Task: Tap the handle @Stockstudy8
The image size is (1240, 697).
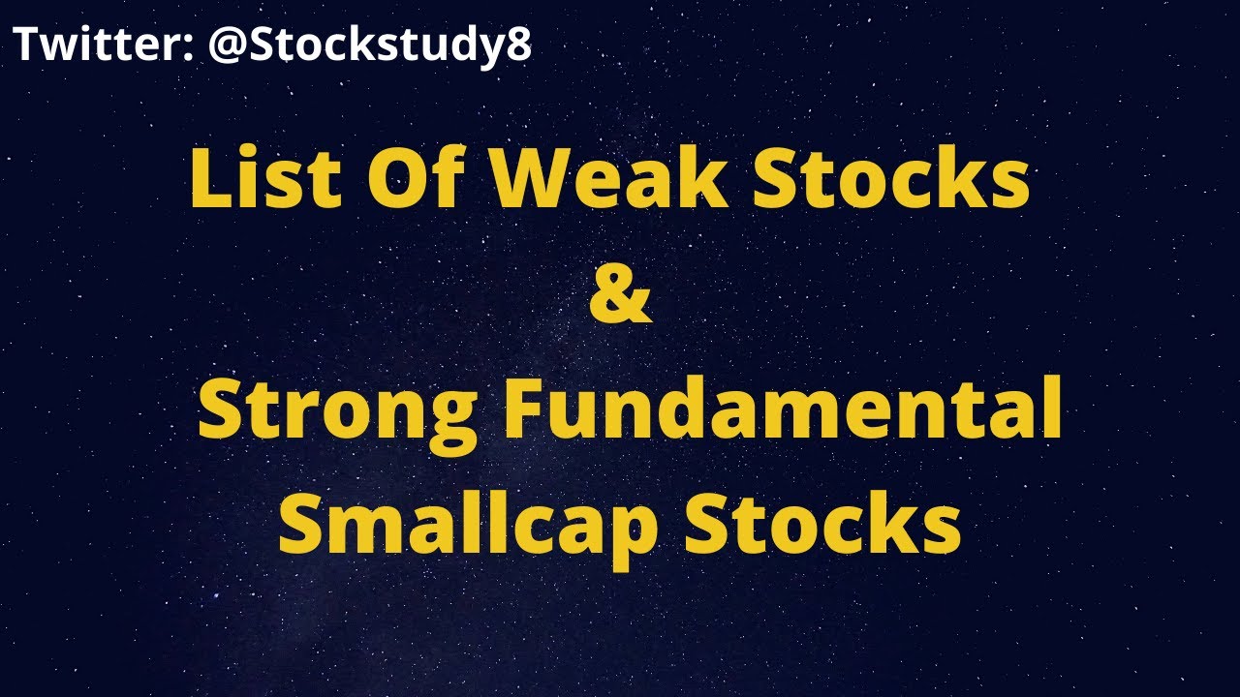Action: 369,45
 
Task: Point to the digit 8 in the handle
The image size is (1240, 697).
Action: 518,45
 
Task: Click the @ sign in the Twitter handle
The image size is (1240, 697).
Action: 227,45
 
